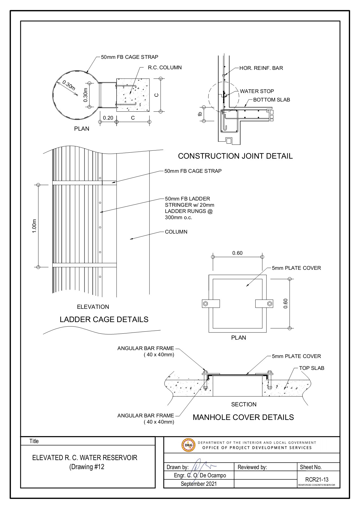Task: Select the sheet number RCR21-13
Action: point(316,479)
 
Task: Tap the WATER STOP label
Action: point(257,91)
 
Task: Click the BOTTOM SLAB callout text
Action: point(271,100)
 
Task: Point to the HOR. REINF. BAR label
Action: point(261,68)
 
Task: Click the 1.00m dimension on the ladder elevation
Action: point(35,226)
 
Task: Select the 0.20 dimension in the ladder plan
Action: point(108,118)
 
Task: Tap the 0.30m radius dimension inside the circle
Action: point(68,86)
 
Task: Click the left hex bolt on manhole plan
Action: point(205,304)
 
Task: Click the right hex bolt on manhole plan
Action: point(269,304)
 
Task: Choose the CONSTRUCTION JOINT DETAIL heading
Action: point(235,156)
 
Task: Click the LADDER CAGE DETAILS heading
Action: point(104,320)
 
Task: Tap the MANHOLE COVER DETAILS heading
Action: point(243,417)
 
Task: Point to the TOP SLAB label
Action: point(312,368)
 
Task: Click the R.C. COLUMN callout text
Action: point(165,68)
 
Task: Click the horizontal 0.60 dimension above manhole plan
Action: point(237,253)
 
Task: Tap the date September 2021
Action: point(199,484)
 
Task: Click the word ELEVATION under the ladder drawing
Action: point(93,307)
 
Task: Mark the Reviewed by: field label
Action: point(252,467)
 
